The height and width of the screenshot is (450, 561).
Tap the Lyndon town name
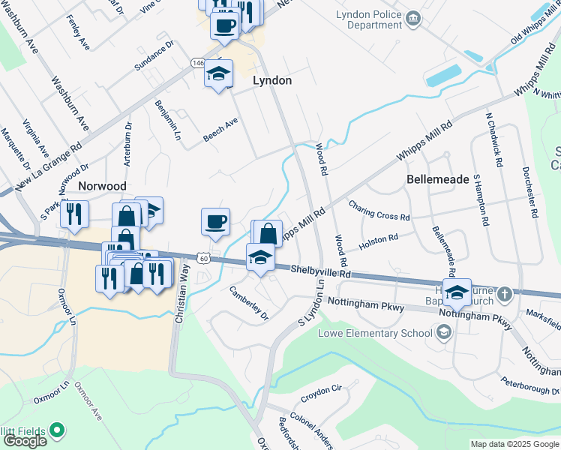[x=272, y=80]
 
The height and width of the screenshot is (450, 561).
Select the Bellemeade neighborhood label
[x=438, y=180]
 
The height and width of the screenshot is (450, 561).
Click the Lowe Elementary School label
[x=375, y=333]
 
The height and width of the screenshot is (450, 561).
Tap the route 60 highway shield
[x=203, y=258]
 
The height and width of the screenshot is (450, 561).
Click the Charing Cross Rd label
[x=379, y=210]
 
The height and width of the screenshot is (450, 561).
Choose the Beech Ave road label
[x=220, y=129]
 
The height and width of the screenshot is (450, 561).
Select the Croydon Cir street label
[x=321, y=390]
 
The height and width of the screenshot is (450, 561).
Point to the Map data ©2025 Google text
[x=514, y=444]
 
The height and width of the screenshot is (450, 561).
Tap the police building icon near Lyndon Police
[x=412, y=17]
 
